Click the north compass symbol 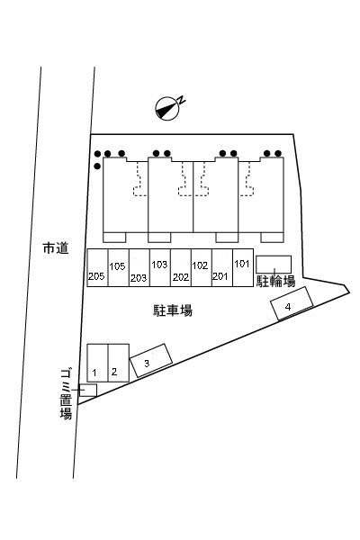(x=167, y=109)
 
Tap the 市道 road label (x=56, y=248)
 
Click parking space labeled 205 (x=97, y=267)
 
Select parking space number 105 (x=119, y=267)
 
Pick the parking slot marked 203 (x=139, y=267)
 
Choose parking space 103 (x=160, y=267)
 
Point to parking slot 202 (x=181, y=267)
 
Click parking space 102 (x=202, y=267)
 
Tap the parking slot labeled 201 (x=222, y=267)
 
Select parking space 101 (x=243, y=267)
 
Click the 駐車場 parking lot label (x=173, y=310)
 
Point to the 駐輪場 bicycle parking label (x=275, y=282)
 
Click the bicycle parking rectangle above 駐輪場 (x=274, y=265)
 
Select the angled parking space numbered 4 (x=292, y=304)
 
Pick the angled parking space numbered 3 (x=151, y=361)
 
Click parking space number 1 (x=97, y=363)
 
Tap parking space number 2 (x=119, y=363)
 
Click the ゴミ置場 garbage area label (x=66, y=394)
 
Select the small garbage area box (x=88, y=391)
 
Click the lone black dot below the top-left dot (x=97, y=166)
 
